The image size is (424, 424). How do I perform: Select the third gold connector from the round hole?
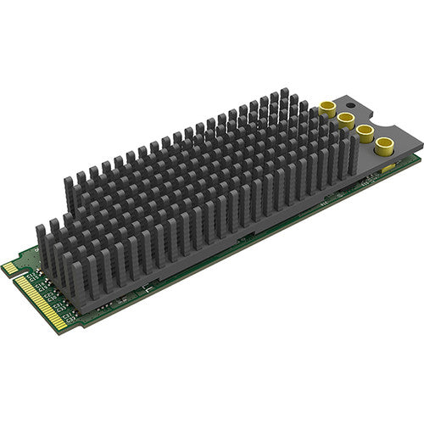click(x=365, y=130)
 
